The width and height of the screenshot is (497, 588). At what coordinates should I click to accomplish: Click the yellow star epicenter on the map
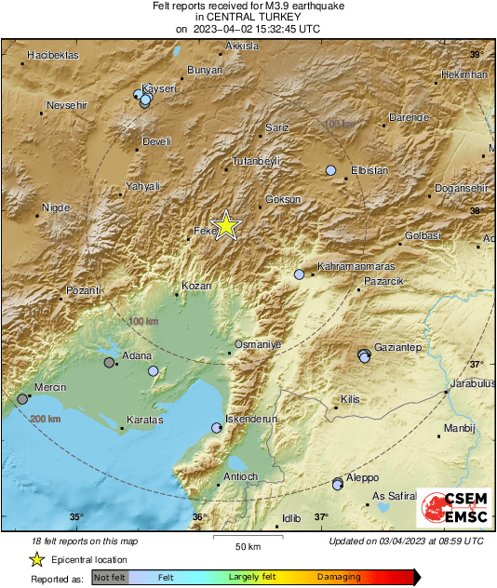(225, 226)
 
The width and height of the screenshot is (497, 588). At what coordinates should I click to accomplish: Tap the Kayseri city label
(158, 88)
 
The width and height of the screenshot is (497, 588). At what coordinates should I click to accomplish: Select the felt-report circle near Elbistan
(330, 170)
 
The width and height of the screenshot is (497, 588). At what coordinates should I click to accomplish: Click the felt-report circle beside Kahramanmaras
(299, 274)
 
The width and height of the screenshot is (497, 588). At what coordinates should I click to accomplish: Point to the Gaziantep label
(398, 347)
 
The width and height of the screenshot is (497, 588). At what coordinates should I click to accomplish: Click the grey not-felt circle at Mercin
(22, 399)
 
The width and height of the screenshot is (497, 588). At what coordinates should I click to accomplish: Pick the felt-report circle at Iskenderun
(217, 428)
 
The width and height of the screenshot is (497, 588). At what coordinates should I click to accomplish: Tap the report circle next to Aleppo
(338, 484)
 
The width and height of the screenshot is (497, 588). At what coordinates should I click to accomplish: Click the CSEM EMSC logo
(454, 511)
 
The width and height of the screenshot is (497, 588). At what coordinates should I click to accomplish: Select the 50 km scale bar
(247, 538)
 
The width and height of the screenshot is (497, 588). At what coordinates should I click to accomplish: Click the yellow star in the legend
(36, 559)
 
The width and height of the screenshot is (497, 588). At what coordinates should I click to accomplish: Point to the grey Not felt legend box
(110, 578)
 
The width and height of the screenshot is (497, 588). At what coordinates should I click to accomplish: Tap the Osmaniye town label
(256, 344)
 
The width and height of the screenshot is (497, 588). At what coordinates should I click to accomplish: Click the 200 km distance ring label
(46, 420)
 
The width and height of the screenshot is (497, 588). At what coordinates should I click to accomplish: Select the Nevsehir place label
(66, 105)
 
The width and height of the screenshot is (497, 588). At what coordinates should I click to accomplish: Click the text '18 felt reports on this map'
(84, 541)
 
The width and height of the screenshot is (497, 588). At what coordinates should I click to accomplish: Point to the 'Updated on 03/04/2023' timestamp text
(406, 541)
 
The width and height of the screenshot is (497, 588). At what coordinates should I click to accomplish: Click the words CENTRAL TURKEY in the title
(248, 17)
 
